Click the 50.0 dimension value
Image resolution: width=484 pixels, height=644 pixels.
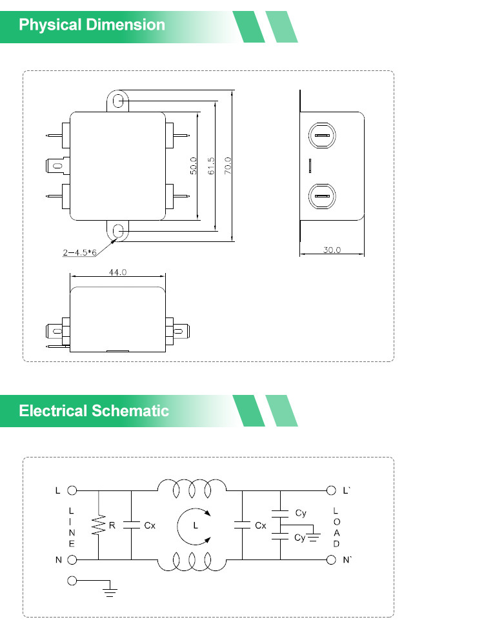pyautogui.click(x=193, y=166)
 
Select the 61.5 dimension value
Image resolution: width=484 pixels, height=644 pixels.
pyautogui.click(x=211, y=166)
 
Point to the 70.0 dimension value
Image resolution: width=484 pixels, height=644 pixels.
pyautogui.click(x=228, y=166)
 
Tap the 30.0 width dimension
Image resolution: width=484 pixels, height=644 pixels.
pyautogui.click(x=332, y=250)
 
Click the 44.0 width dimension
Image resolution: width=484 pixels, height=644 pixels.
pyautogui.click(x=118, y=272)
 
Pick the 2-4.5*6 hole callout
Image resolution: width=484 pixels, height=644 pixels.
pyautogui.click(x=80, y=252)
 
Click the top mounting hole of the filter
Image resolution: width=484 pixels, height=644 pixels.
pyautogui.click(x=118, y=101)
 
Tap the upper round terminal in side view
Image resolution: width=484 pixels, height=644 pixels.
pyautogui.click(x=322, y=136)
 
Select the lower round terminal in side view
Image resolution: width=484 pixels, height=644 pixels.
pyautogui.click(x=322, y=196)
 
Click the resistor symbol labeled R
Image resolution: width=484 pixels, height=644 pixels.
pyautogui.click(x=99, y=525)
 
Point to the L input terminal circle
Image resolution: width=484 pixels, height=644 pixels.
pyautogui.click(x=72, y=490)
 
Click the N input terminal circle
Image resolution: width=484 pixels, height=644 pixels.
pyautogui.click(x=72, y=560)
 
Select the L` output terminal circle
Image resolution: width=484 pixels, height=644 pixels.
pyautogui.click(x=331, y=490)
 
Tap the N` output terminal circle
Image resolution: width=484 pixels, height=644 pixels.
pyautogui.click(x=331, y=560)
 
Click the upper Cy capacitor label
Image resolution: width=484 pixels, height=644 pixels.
pyautogui.click(x=301, y=513)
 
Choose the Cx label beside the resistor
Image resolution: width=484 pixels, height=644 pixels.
pyautogui.click(x=150, y=525)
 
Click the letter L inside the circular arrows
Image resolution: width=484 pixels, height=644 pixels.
pyautogui.click(x=196, y=525)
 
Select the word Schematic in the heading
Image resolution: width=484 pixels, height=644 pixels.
pyautogui.click(x=130, y=410)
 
